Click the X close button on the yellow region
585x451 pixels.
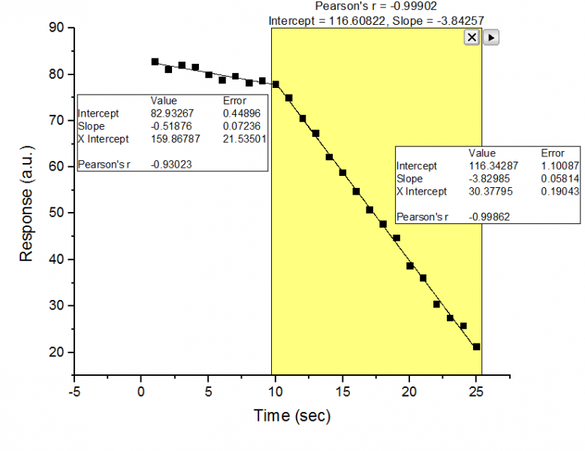472,37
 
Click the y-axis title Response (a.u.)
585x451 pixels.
27,204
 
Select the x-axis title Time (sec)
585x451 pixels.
291,415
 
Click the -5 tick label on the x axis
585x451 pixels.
74,391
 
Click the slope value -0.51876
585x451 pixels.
170,126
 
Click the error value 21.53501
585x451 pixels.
244,139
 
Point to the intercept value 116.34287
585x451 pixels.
492,165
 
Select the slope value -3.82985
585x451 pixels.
489,179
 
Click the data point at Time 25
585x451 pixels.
476,347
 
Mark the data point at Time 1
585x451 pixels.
155,62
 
